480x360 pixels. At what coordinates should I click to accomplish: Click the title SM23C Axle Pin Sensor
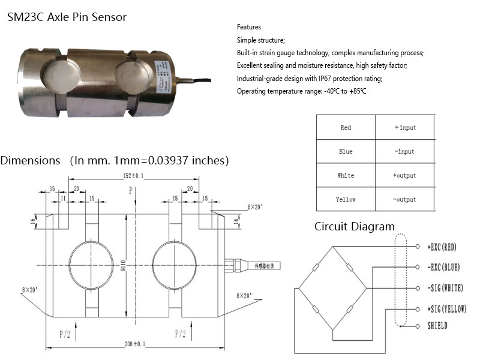(x=67, y=17)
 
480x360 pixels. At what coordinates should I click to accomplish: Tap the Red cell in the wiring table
(x=346, y=128)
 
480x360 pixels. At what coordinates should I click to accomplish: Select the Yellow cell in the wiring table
(x=346, y=199)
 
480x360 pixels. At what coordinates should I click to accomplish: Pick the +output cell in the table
(x=405, y=176)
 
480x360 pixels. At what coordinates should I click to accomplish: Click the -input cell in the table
(x=405, y=152)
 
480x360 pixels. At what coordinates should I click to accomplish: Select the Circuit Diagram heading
(x=355, y=226)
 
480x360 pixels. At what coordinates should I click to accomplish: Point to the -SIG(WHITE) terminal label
(x=445, y=288)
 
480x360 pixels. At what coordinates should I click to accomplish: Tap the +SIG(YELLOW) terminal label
(x=446, y=309)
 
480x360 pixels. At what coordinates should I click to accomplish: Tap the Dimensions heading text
(x=30, y=161)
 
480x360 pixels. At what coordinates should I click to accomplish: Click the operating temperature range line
(x=301, y=91)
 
